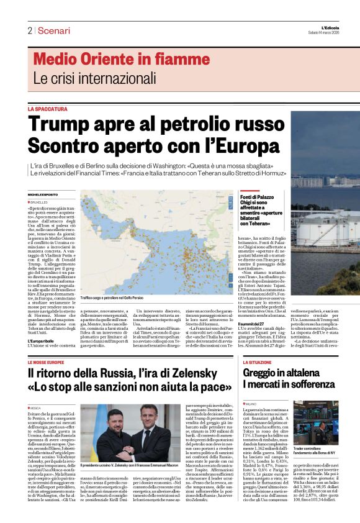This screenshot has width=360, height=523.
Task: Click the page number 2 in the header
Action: (x=30, y=30)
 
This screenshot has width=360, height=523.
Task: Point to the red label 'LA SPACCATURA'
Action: (x=48, y=109)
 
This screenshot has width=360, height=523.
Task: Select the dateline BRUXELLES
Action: (x=40, y=202)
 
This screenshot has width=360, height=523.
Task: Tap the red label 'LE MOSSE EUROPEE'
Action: (x=47, y=362)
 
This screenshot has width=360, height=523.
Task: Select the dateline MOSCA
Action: (x=37, y=408)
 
